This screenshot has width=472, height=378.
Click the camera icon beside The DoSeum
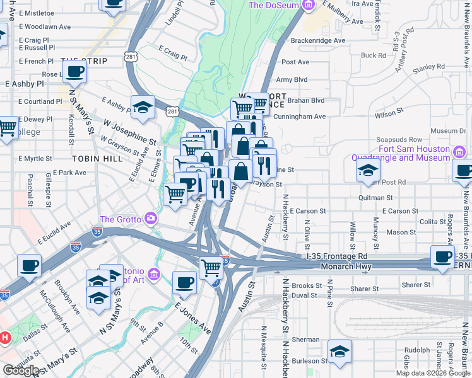(308, 6)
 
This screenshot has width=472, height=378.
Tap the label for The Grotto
(119, 219)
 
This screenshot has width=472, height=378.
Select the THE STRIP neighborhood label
(84, 61)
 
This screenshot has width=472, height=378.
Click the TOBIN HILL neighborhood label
(97, 159)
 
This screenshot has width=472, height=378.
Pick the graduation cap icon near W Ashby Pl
(143, 107)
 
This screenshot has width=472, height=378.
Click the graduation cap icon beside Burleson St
(339, 352)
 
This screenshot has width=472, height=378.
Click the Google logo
(21, 370)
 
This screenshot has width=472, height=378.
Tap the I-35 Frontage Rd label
(336, 256)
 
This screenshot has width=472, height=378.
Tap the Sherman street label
(305, 340)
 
